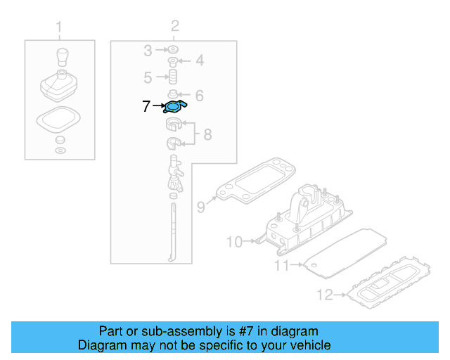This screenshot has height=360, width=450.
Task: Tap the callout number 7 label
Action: click(146, 107)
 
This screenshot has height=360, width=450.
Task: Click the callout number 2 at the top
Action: click(174, 27)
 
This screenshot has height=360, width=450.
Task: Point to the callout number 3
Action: click(148, 51)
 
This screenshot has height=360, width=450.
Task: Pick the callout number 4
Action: click(200, 61)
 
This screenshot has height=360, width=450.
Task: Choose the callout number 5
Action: click(148, 77)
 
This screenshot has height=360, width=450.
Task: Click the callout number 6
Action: click(199, 95)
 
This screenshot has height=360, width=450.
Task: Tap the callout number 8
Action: click(207, 134)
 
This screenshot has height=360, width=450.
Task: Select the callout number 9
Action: click(201, 207)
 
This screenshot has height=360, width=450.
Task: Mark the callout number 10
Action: click(233, 243)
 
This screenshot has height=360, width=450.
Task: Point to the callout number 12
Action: click(324, 295)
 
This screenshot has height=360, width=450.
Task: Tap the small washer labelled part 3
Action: click(172, 50)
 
